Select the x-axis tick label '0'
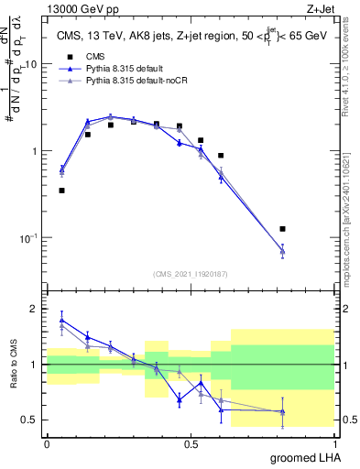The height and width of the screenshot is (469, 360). click(x=47, y=442)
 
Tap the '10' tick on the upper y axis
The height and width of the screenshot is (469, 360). click(x=31, y=65)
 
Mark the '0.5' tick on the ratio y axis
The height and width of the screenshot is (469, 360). click(x=31, y=420)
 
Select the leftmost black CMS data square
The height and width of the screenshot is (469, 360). click(x=61, y=191)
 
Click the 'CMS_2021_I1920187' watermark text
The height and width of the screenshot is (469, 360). click(x=190, y=272)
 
